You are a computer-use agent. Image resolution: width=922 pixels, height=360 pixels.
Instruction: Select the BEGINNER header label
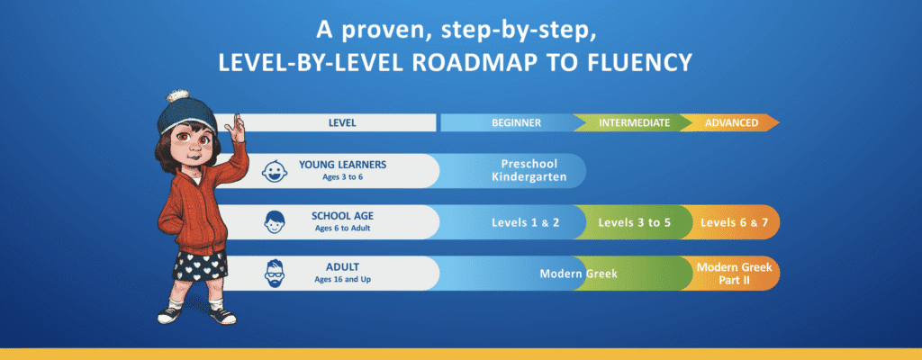click(x=516, y=123)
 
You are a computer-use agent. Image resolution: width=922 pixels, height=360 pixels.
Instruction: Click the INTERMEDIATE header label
click(x=635, y=123)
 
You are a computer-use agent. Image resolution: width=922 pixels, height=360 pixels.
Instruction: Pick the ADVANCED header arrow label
click(x=731, y=123)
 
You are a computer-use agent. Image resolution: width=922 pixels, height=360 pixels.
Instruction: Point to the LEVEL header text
click(x=342, y=123)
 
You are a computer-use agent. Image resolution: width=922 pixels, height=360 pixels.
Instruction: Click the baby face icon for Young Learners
click(x=275, y=171)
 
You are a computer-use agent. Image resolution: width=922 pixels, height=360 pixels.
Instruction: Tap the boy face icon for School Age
click(x=275, y=221)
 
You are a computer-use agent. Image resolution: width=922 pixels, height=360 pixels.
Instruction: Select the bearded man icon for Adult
click(x=275, y=273)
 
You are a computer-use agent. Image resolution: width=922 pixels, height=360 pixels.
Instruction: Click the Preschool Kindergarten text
click(x=529, y=171)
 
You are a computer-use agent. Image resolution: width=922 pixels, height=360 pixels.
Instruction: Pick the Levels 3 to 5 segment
click(x=635, y=223)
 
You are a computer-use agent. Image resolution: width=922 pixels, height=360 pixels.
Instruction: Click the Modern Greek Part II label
click(x=734, y=274)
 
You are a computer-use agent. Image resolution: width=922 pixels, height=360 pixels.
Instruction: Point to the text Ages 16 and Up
click(x=342, y=279)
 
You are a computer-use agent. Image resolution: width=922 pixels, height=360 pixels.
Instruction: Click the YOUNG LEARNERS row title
click(x=342, y=164)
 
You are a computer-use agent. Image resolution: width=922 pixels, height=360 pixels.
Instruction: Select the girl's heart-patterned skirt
click(x=200, y=265)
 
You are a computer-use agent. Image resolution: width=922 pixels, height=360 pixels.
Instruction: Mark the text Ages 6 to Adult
click(x=342, y=228)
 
